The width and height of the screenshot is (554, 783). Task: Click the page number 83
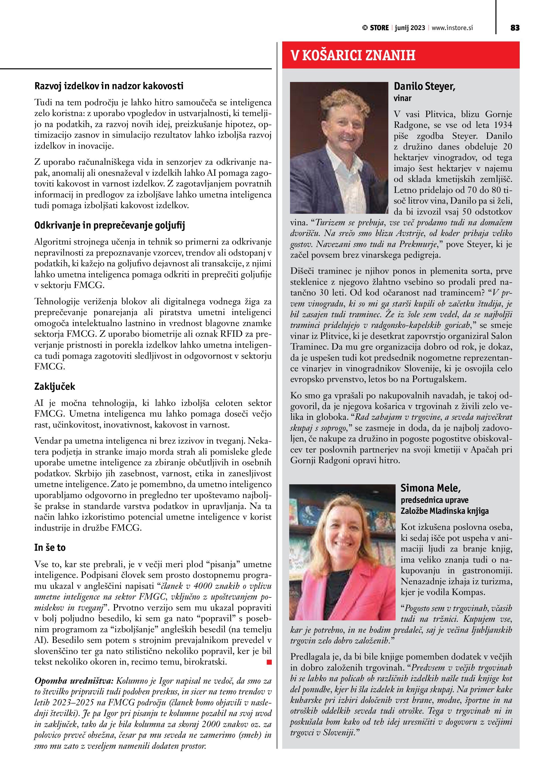[515, 28]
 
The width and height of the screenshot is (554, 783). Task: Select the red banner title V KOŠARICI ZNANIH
[353, 55]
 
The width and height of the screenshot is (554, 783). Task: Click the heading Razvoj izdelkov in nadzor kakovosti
[109, 86]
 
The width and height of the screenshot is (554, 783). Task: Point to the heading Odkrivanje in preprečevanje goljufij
[110, 226]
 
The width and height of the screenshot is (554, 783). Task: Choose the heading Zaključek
[55, 386]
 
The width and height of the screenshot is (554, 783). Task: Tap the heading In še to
[50, 548]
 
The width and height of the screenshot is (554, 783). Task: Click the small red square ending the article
[269, 662]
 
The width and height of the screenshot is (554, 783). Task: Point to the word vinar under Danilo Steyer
[403, 98]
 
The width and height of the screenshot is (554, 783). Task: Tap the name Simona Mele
[430, 488]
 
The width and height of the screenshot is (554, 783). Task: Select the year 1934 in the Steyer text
[503, 125]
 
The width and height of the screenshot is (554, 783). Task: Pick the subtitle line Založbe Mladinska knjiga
[444, 511]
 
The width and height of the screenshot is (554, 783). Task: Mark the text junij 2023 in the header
[410, 28]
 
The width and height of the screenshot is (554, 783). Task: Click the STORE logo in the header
[375, 28]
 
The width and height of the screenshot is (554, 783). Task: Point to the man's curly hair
[341, 99]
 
